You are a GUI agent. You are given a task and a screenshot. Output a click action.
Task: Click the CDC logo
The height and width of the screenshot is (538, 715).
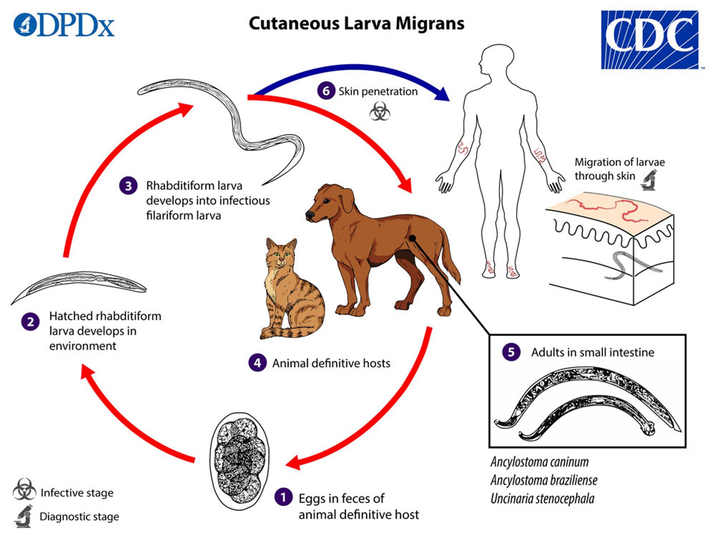[649, 39]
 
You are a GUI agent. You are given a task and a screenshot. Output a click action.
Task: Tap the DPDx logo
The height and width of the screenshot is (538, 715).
[64, 25]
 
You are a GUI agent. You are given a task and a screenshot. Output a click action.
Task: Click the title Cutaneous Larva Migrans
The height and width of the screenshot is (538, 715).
[356, 24]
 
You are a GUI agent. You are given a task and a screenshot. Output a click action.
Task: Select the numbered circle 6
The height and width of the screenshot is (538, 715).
[326, 91]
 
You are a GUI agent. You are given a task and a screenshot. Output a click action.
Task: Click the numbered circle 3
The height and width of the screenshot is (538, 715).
[128, 186]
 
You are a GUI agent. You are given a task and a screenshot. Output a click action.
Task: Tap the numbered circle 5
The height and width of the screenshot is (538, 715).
[511, 352]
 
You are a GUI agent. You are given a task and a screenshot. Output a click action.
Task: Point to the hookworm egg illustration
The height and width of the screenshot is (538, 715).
[239, 461]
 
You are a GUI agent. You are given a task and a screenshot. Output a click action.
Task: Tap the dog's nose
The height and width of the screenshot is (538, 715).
[309, 215]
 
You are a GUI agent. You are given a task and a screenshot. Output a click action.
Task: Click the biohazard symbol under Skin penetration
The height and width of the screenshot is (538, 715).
[379, 112]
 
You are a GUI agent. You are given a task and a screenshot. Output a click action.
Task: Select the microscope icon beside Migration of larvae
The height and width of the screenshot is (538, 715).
[649, 180]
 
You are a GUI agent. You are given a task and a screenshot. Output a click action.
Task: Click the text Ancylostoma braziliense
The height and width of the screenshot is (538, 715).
[544, 480]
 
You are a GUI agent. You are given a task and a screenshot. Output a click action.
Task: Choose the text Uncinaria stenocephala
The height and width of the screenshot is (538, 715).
[542, 499]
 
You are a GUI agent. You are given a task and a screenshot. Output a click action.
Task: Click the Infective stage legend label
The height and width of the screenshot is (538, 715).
[77, 493]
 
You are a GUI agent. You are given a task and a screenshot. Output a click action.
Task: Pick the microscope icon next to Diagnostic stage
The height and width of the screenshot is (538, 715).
[24, 516]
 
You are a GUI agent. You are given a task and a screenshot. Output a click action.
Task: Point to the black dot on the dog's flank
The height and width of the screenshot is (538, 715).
[412, 238]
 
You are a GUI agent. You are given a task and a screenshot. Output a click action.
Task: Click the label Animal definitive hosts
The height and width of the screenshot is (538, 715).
[331, 363]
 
